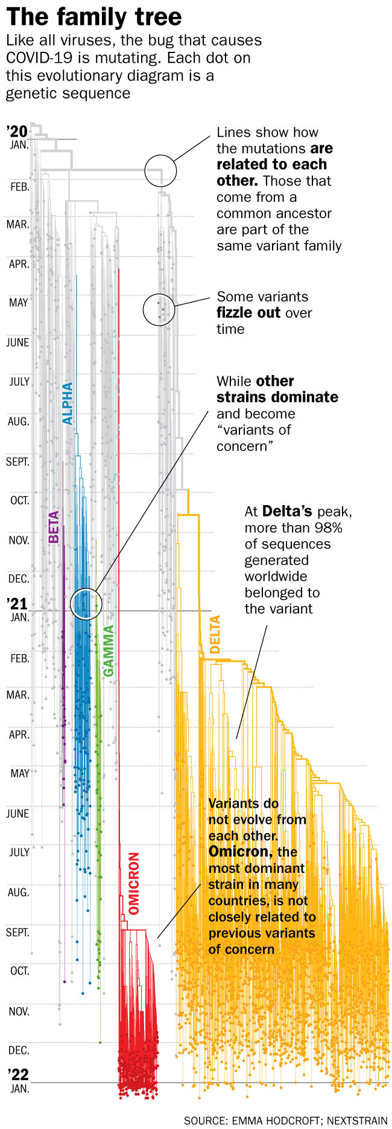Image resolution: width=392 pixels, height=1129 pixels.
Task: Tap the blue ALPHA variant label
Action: pyautogui.click(x=68, y=403)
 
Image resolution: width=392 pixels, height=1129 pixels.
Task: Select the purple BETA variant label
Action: pyautogui.click(x=54, y=526)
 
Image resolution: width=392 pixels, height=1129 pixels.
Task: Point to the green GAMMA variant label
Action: pyautogui.click(x=109, y=651)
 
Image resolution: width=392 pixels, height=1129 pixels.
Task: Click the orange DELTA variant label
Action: pyautogui.click(x=215, y=634)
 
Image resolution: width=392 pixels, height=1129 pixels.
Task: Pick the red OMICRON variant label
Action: pyautogui.click(x=134, y=883)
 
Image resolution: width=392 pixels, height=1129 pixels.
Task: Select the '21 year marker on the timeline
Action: pyautogui.click(x=17, y=603)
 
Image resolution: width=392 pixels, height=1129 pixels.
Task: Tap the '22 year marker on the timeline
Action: pyautogui.click(x=17, y=1074)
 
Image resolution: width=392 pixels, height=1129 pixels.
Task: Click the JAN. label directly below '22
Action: pyautogui.click(x=19, y=1088)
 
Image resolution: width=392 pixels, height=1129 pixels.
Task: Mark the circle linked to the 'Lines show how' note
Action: pyautogui.click(x=160, y=170)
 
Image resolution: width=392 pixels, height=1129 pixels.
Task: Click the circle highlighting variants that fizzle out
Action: pyautogui.click(x=159, y=310)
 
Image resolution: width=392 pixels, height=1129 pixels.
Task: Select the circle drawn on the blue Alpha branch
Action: pyautogui.click(x=86, y=604)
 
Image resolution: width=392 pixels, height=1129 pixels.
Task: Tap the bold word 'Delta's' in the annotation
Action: pyautogui.click(x=287, y=512)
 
